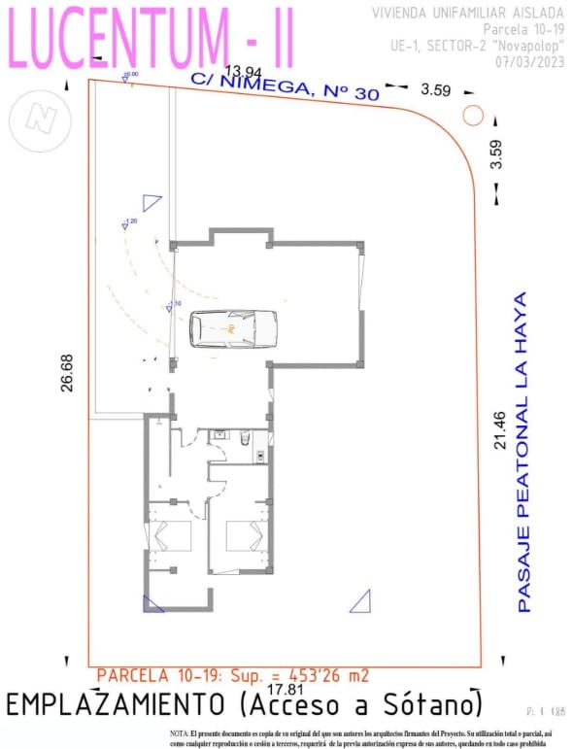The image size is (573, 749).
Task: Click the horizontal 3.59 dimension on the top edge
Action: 435,90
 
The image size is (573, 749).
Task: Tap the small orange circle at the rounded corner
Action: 473,115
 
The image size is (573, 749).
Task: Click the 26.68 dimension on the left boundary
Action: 67,372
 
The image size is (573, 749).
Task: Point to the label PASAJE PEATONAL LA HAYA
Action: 523,452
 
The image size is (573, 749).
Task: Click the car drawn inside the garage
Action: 233,329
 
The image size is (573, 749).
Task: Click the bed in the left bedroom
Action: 170,538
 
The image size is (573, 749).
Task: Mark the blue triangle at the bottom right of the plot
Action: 361,602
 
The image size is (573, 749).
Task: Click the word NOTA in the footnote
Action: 180,732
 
